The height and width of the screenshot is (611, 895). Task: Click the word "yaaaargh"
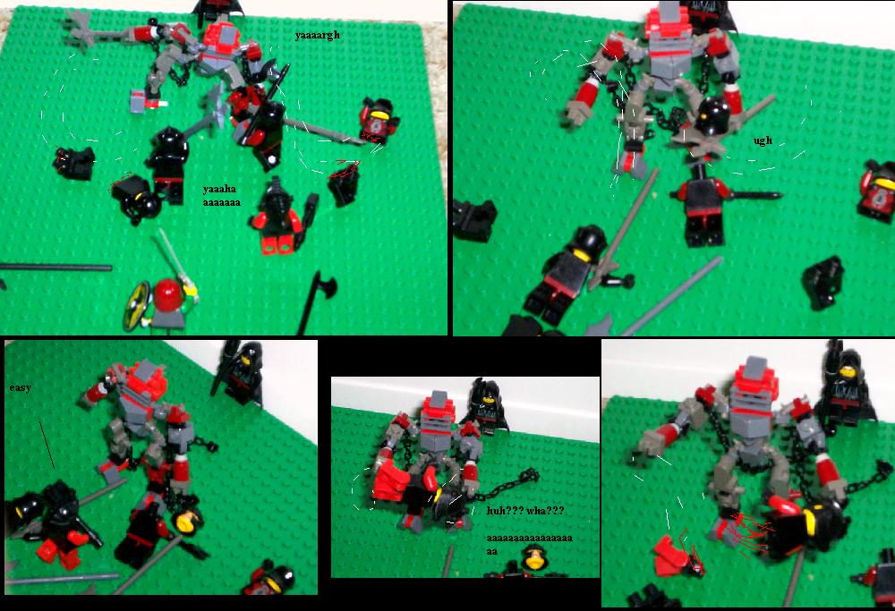coord(318,36)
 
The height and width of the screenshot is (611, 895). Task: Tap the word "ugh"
coord(763,140)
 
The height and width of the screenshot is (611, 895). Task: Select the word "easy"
coord(20,388)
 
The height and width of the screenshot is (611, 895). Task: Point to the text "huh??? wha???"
coord(525,511)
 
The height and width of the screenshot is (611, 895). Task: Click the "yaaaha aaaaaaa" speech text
coord(221,196)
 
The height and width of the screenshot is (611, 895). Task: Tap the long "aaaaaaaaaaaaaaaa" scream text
coord(529,544)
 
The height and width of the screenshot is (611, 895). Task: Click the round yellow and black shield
coord(137,305)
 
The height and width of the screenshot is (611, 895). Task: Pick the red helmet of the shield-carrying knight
coord(168,295)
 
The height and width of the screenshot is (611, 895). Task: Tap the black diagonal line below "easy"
coord(47,445)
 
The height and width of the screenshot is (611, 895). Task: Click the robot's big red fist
coord(392,483)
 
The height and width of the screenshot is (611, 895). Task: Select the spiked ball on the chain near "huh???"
coord(529,476)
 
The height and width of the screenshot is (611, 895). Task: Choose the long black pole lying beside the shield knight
coord(55,267)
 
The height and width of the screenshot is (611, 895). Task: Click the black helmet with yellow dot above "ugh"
coord(711,115)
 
